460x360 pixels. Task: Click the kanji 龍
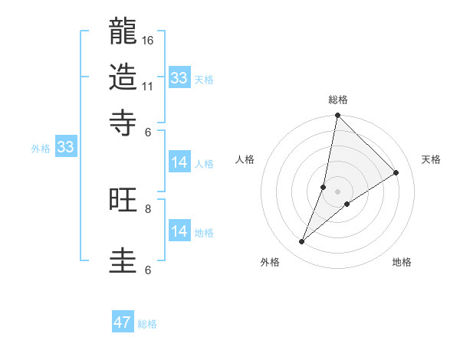pos(123,31)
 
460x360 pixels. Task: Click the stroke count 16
pos(149,39)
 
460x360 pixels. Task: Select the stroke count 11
pos(149,86)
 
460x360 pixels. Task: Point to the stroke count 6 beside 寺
pos(148,131)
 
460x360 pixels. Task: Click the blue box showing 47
pos(123,322)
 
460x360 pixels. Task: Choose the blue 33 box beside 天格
pos(179,78)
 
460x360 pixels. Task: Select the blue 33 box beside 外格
pos(64,147)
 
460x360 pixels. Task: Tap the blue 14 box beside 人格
pos(179,162)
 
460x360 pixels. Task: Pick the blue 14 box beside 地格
pos(179,231)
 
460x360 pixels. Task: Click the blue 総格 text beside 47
pos(147,324)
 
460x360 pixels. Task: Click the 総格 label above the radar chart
pos(337,100)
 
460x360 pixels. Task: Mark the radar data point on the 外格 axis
pos(302,242)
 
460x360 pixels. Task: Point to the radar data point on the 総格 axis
pos(337,116)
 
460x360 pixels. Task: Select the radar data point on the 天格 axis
pos(396,173)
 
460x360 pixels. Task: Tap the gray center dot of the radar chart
pos(337,191)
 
